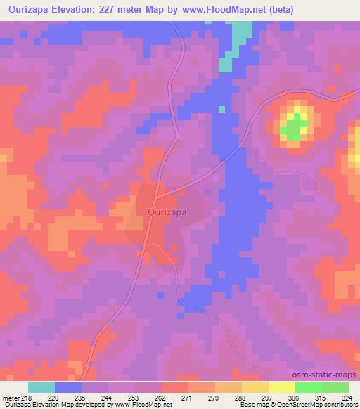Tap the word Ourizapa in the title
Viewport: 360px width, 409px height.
30,10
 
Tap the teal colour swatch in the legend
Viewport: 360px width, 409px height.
41,387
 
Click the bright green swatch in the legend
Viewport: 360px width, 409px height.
308,387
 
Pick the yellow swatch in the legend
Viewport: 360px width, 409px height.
281,387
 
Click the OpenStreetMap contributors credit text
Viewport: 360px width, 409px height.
314,405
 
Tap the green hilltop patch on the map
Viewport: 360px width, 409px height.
292,127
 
